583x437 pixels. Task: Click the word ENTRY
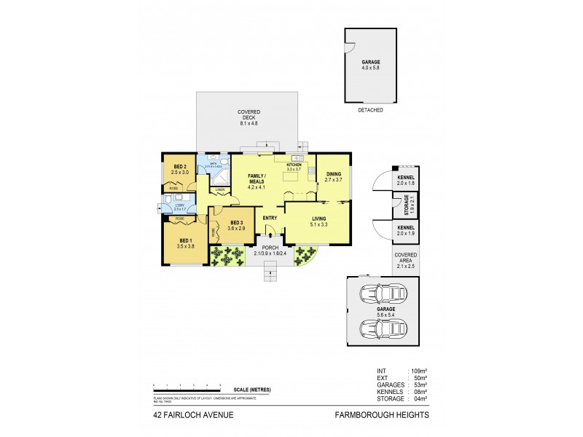point(270,219)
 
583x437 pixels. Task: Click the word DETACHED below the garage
point(370,111)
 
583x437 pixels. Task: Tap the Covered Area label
point(404,257)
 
